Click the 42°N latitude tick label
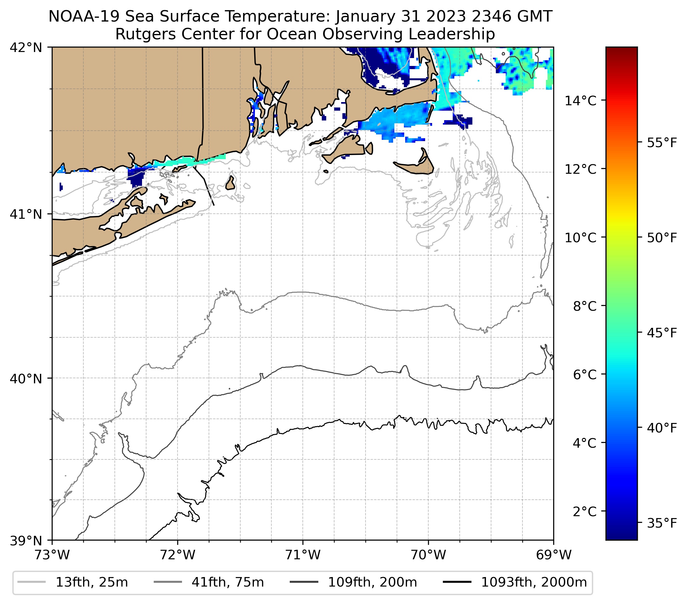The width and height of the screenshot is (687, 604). click(x=26, y=48)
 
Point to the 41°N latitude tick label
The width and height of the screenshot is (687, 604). click(x=26, y=214)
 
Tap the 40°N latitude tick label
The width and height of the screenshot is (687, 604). click(x=26, y=379)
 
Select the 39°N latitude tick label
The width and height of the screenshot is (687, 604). click(x=26, y=541)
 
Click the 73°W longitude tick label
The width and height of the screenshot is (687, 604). click(x=52, y=555)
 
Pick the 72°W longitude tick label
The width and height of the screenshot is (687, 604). click(x=178, y=555)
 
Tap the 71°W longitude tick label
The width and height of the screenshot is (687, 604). click(x=303, y=555)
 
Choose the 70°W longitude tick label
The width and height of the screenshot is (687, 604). click(x=429, y=555)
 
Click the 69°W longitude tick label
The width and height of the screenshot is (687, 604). click(x=554, y=555)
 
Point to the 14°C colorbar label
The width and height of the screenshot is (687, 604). click(x=580, y=101)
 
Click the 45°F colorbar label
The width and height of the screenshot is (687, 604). click(x=662, y=333)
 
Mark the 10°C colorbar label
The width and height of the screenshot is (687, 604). click(x=580, y=237)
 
